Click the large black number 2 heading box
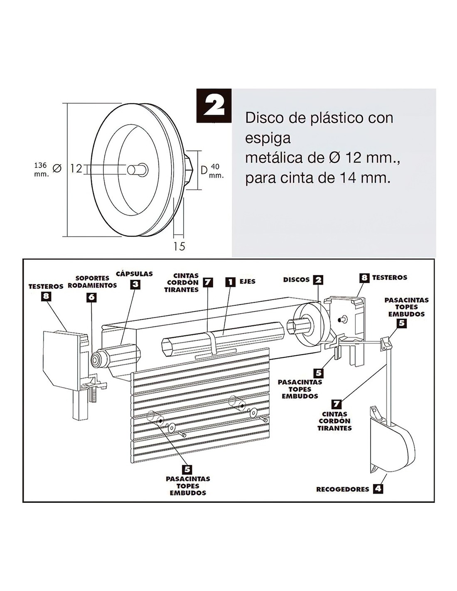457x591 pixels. pos(214,106)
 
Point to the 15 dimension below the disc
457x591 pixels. pos(179,246)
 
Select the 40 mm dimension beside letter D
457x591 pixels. pos(216,170)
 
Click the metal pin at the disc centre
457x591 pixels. pos(137,169)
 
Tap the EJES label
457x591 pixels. pos(247,282)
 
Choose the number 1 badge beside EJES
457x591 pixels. pos(230,282)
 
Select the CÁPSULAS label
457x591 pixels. pos(134,274)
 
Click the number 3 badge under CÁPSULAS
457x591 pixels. pos(136,285)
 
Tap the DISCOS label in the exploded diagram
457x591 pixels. pos(296,280)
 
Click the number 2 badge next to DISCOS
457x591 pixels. pos(318,280)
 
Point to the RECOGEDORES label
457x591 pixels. pos(342,489)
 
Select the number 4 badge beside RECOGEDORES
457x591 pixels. pos(378,489)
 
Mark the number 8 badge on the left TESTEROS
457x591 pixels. pos(47,297)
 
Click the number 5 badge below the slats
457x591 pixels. pos(187,469)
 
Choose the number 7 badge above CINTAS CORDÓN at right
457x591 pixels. pos(337,404)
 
